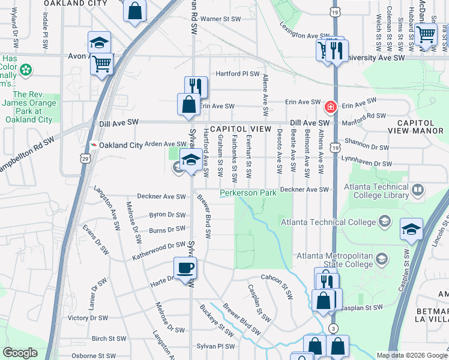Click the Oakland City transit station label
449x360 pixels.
click(x=121, y=145)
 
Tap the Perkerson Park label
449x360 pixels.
click(x=248, y=193)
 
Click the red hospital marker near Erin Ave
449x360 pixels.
click(x=330, y=108)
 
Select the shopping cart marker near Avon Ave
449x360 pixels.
click(x=102, y=63)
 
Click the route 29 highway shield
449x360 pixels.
click(x=85, y=158)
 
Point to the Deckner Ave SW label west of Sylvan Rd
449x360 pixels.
click(x=161, y=196)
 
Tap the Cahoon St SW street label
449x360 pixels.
click(x=276, y=286)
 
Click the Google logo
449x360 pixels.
click(x=20, y=353)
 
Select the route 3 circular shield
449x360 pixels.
click(x=333, y=328)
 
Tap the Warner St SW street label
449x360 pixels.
click(x=220, y=19)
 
